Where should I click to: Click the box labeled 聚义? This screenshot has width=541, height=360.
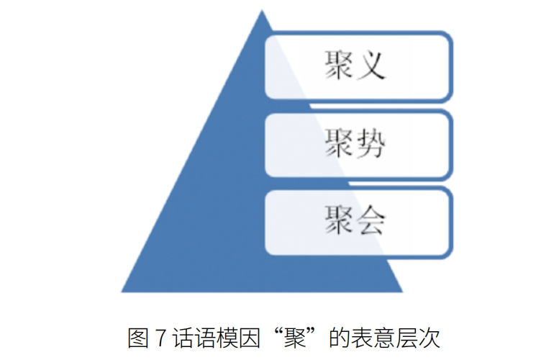coord(358,65)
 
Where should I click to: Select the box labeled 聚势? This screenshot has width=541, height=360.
coord(358,145)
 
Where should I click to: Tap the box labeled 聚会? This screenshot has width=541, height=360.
coord(358,221)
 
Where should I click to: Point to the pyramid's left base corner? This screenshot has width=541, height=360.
coord(122,291)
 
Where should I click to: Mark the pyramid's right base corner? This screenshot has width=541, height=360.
coord(402,291)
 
